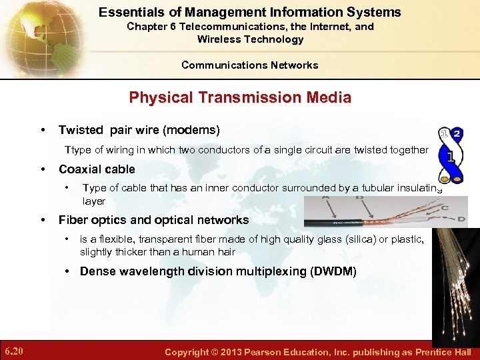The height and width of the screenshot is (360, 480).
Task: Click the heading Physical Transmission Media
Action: [x=240, y=97]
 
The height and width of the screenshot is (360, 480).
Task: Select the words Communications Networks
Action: [x=249, y=65]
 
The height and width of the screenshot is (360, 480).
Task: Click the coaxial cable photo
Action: [x=385, y=212]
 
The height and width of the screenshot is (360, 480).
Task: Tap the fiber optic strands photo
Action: [x=456, y=280]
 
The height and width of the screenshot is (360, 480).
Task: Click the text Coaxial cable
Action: [x=97, y=169]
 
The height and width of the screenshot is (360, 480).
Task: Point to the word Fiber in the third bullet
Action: [x=73, y=220]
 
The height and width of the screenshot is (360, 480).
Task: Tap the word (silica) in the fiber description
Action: [x=359, y=239]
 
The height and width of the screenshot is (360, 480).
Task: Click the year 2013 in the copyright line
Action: [x=237, y=352]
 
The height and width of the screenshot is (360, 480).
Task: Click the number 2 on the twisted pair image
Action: [x=457, y=133]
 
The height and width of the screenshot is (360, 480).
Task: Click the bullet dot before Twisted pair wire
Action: [x=43, y=130]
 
